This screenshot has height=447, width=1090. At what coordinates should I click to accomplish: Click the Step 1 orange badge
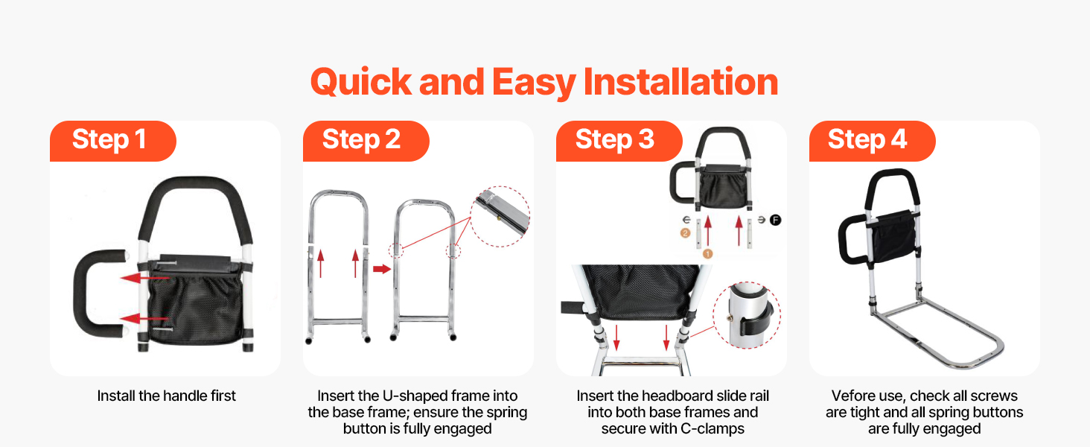point(113,141)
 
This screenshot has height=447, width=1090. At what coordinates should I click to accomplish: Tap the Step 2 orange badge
point(366,141)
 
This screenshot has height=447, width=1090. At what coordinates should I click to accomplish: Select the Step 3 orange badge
point(619,141)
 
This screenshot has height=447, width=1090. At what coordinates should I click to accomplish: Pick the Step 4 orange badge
point(872,141)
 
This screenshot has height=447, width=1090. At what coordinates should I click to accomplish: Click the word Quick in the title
point(361,83)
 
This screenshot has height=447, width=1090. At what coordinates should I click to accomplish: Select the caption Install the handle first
point(166,396)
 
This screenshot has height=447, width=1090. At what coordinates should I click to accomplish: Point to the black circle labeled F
point(775,220)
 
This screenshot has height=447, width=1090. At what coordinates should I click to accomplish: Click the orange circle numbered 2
point(685,233)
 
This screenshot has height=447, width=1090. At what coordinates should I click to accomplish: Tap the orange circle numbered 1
point(707,254)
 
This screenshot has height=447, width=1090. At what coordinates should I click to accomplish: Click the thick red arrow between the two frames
point(382,269)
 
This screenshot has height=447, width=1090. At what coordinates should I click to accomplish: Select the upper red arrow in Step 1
point(144,278)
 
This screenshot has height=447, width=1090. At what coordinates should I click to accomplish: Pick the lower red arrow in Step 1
point(144,319)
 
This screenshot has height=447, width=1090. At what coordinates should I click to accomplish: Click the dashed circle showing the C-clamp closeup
point(747,315)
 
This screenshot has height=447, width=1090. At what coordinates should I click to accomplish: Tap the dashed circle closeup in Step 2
point(500,216)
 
